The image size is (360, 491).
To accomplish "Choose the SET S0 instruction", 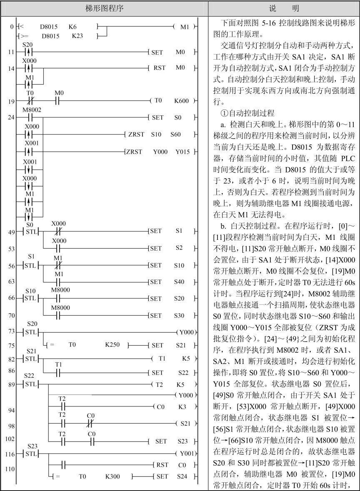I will pyautogui.click(x=169, y=117).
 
